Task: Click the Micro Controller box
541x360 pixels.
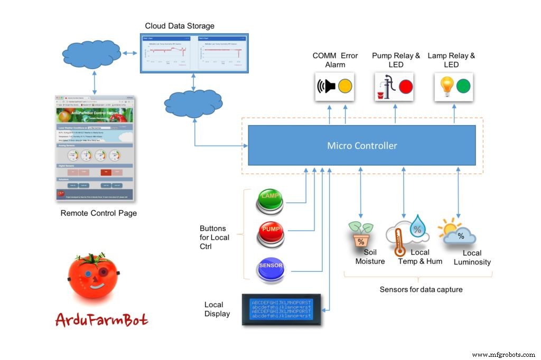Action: (362, 145)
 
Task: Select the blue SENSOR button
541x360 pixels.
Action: (270, 267)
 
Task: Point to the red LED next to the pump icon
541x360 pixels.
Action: (406, 87)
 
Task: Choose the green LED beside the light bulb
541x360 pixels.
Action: (463, 86)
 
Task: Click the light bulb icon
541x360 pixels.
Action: (446, 86)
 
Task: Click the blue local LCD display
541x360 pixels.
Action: (283, 309)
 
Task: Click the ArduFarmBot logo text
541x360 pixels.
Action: (101, 319)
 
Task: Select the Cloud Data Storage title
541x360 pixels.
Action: (180, 26)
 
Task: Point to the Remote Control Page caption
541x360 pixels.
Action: (99, 213)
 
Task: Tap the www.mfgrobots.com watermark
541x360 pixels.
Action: (503, 355)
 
